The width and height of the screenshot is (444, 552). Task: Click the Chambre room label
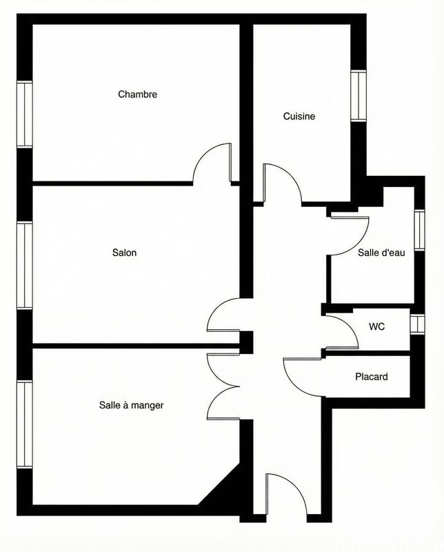click(x=137, y=94)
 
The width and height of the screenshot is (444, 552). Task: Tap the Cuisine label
click(x=299, y=117)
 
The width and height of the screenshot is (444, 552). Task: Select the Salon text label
click(x=125, y=253)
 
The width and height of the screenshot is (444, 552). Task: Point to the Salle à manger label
click(x=132, y=405)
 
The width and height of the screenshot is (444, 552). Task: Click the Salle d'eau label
click(x=381, y=253)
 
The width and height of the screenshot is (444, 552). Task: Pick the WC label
click(x=376, y=326)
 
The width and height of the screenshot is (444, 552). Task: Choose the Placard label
click(x=372, y=377)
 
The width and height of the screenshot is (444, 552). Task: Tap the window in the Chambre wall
click(x=25, y=115)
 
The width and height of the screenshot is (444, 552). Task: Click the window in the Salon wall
click(x=25, y=266)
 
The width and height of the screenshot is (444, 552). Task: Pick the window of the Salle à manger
click(x=25, y=424)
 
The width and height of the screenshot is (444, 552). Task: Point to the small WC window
click(x=415, y=324)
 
